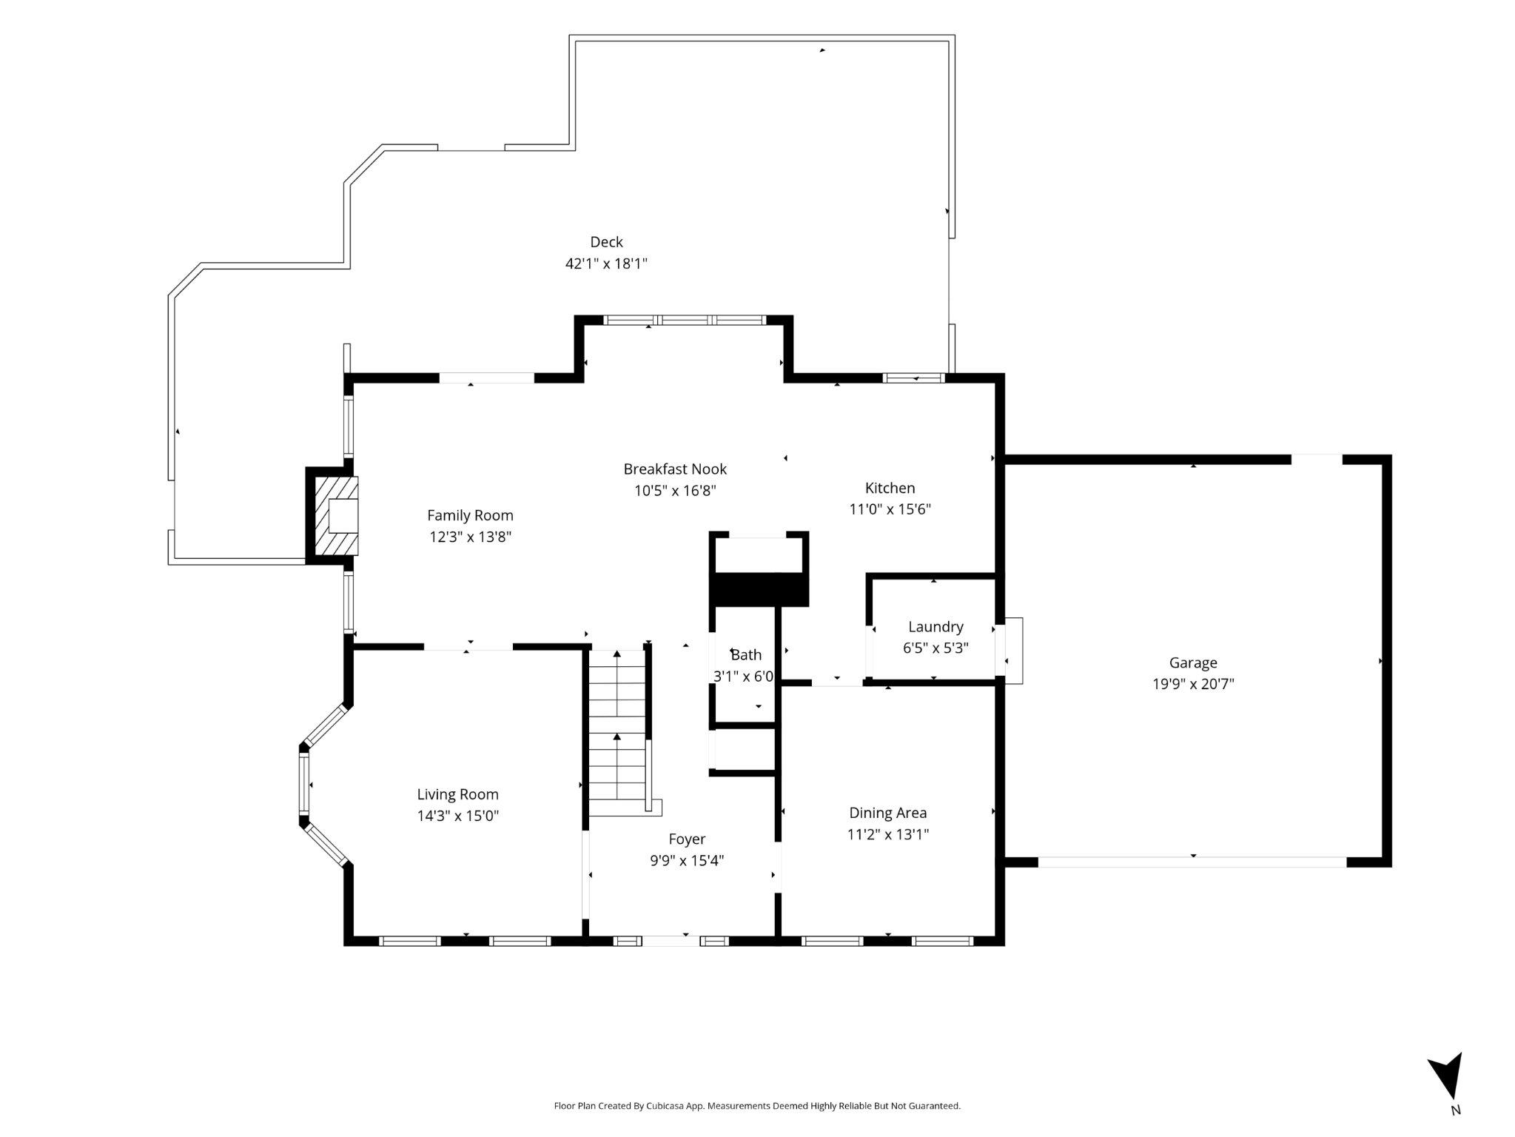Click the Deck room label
tap(606, 242)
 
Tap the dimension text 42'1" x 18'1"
tap(606, 264)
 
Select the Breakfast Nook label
tap(675, 469)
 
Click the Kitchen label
tap(890, 488)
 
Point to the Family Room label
tap(470, 515)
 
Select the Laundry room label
tap(935, 627)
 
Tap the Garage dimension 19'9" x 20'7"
tap(1193, 684)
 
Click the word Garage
tap(1193, 663)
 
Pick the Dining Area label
tap(887, 813)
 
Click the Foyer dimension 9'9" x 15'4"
tap(687, 860)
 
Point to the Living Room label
tap(457, 794)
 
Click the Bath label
tap(746, 654)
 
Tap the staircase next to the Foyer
tap(617, 733)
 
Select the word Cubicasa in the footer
tap(663, 1106)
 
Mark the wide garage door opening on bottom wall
tap(1192, 862)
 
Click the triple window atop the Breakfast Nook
tap(685, 321)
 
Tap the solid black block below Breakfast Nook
tap(759, 590)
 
